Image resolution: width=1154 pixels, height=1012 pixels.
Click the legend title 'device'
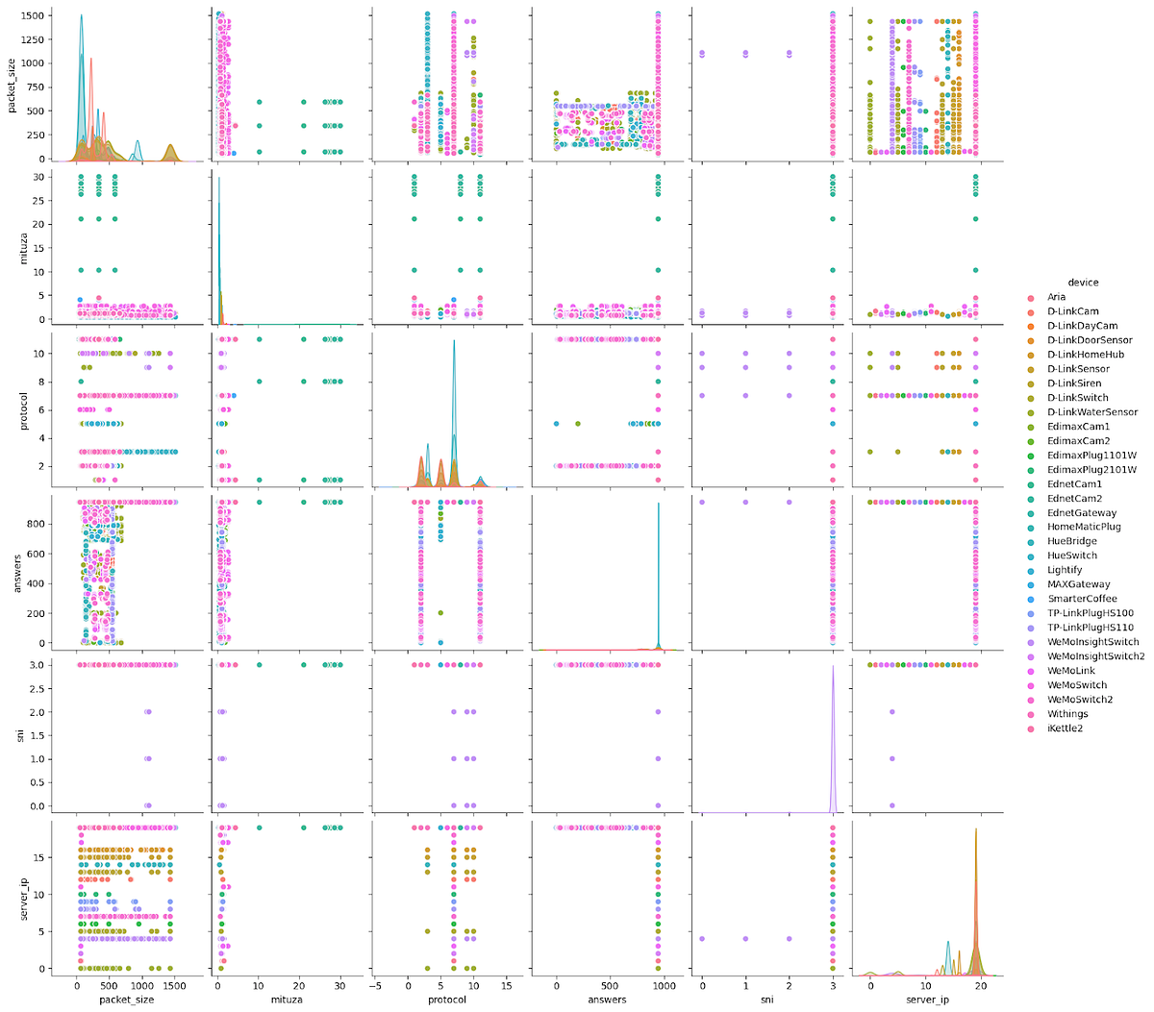click(1083, 283)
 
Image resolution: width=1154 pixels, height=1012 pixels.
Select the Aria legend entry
click(1056, 297)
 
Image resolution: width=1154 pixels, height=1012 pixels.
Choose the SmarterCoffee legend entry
click(1083, 599)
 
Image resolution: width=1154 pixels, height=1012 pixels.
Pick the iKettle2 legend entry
click(1066, 728)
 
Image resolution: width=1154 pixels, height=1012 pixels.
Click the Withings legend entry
click(1067, 714)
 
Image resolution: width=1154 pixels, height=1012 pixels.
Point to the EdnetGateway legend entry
click(1082, 513)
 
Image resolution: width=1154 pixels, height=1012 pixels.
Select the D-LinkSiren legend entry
click(1074, 383)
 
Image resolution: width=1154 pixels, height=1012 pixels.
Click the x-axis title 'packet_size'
click(127, 1000)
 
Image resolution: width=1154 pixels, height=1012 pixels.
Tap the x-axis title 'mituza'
click(287, 1000)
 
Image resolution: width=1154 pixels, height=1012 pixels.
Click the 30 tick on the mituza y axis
click(38, 177)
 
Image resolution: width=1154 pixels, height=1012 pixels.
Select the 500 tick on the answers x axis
click(610, 985)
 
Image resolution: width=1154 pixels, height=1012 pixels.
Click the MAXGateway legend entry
click(1078, 584)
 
